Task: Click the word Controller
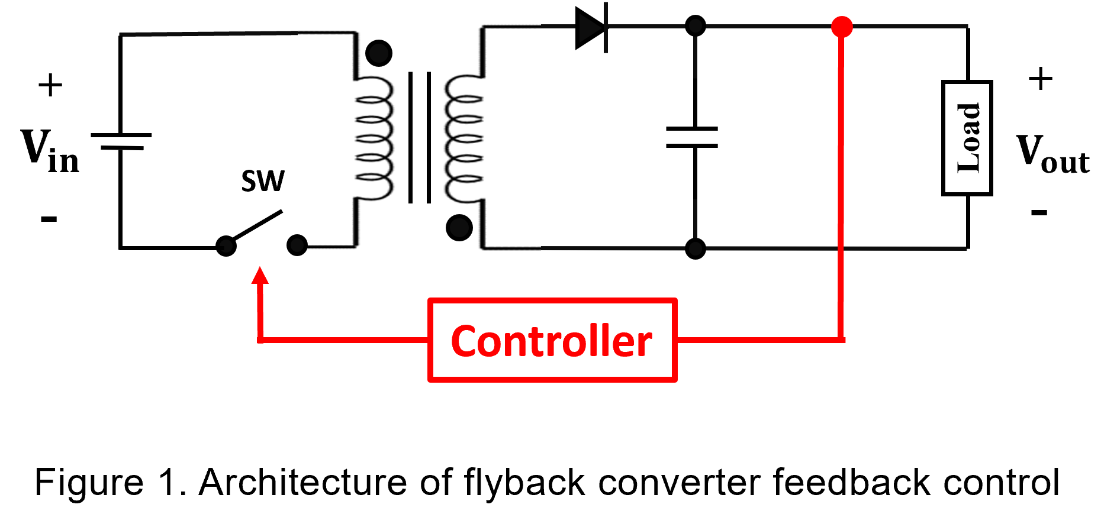coord(552,341)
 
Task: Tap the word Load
coord(968,138)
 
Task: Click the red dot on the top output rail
coord(842,27)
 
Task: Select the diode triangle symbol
coord(590,27)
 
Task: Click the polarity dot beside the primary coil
coord(379,53)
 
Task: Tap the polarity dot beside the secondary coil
coord(459,227)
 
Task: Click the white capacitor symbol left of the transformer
coord(120,144)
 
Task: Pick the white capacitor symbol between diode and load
coord(695,140)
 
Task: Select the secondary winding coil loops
coord(464,138)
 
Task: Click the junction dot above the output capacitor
coord(696,26)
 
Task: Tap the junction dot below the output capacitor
coord(696,248)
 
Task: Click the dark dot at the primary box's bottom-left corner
coord(299,245)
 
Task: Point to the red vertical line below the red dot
coord(841,177)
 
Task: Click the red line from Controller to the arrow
coord(343,340)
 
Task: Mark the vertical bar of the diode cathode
coord(606,27)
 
